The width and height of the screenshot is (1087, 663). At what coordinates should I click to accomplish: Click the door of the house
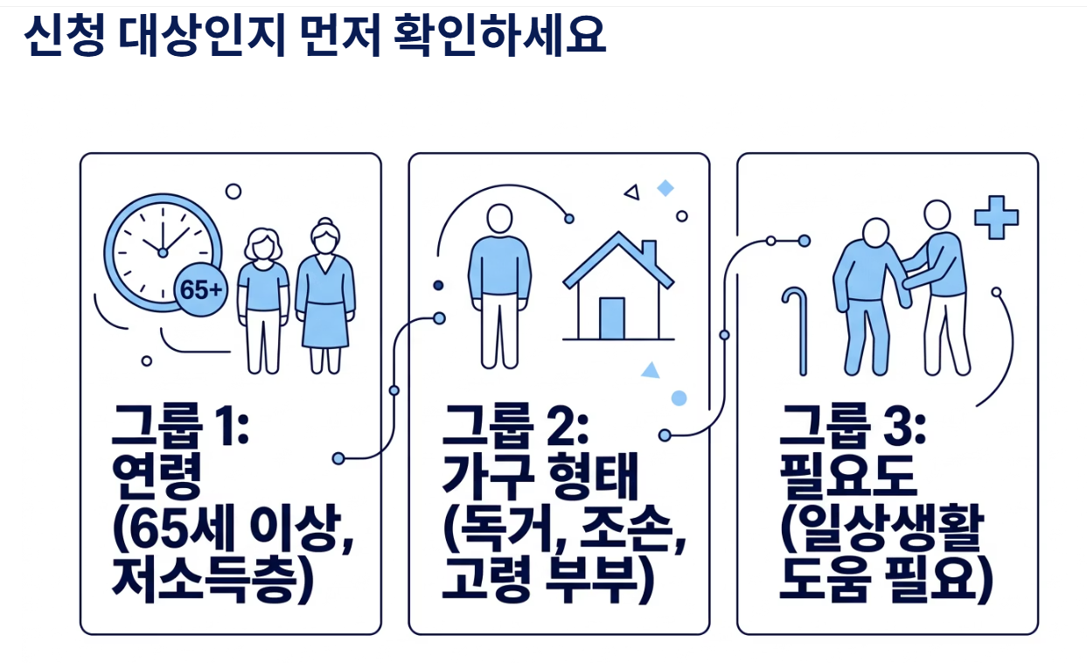pyautogui.click(x=612, y=318)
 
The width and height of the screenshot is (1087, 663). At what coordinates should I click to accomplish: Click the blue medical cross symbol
pyautogui.click(x=996, y=218)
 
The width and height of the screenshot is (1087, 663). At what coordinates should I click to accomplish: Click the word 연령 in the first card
pyautogui.click(x=157, y=478)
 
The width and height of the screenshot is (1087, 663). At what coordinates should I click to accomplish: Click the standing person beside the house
pyautogui.click(x=499, y=284)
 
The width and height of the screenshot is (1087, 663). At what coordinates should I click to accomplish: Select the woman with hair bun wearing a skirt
pyautogui.click(x=325, y=293)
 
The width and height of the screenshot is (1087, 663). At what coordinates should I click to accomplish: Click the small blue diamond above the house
pyautogui.click(x=665, y=188)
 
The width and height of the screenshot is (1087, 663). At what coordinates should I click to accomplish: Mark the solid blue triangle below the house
pyautogui.click(x=650, y=370)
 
